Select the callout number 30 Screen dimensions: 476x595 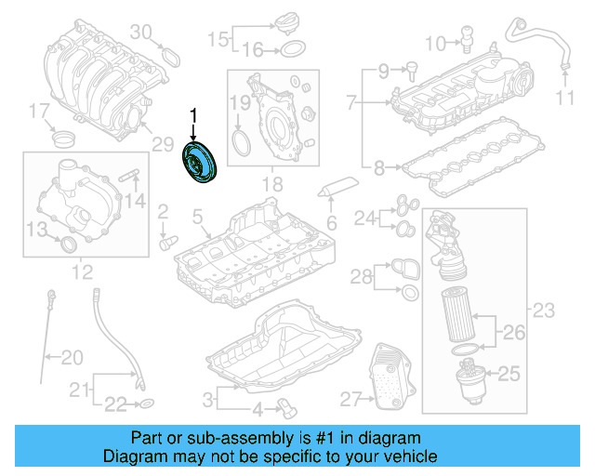coord(140,32)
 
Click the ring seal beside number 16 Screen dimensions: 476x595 coord(290,49)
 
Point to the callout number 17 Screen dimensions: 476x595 coord(38,112)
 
